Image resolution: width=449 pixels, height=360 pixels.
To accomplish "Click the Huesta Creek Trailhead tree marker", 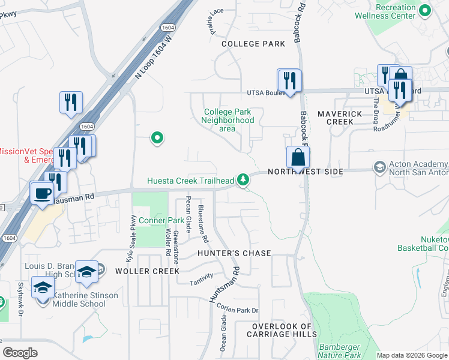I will pyautogui.click(x=243, y=179).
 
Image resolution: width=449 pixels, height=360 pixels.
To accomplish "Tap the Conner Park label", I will pyautogui.click(x=161, y=220).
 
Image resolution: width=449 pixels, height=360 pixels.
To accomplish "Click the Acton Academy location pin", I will pyautogui.click(x=379, y=166).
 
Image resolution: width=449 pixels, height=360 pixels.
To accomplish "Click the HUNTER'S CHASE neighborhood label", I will pyautogui.click(x=235, y=253).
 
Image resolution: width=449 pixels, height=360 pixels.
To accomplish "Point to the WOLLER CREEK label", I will pyautogui.click(x=148, y=271).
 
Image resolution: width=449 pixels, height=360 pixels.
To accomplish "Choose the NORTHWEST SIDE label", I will pyautogui.click(x=305, y=172).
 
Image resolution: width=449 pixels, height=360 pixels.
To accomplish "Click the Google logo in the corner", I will pyautogui.click(x=20, y=353).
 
